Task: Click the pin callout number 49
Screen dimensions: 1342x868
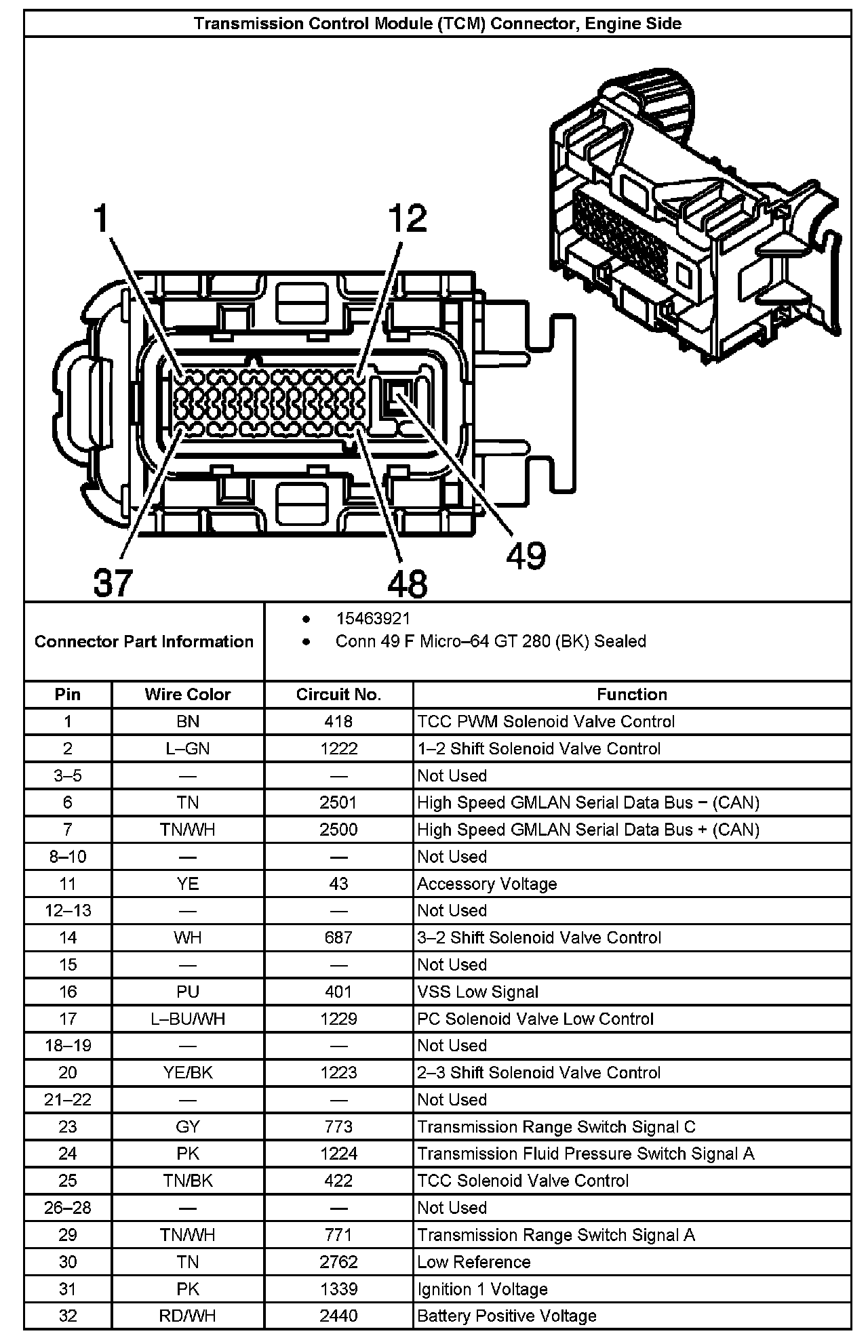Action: pos(526,556)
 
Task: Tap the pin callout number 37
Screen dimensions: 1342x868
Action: pos(113,582)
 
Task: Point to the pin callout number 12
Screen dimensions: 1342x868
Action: pos(408,219)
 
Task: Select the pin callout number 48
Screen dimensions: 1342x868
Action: pos(408,584)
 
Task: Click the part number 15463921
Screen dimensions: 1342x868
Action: pos(373,619)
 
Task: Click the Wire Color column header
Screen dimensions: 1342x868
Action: pos(187,695)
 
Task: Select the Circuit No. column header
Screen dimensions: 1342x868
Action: pos(338,695)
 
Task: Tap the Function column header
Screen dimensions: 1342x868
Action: pos(632,695)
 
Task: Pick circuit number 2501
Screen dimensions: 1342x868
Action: pos(338,802)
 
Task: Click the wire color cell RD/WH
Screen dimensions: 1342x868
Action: pos(187,1316)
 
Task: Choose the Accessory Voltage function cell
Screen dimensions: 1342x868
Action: pos(487,884)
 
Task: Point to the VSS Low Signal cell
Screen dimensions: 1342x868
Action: pos(477,992)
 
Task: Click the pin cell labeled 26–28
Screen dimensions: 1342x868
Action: pos(67,1208)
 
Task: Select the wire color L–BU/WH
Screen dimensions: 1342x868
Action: pos(187,1019)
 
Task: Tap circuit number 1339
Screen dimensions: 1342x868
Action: pos(338,1288)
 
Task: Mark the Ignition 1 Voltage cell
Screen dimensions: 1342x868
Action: pos(482,1288)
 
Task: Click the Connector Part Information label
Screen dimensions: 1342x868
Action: pos(144,642)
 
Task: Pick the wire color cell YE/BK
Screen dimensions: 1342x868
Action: pos(187,1073)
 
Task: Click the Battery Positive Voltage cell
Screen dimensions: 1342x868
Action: pos(507,1316)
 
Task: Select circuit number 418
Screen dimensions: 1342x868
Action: pos(338,722)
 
